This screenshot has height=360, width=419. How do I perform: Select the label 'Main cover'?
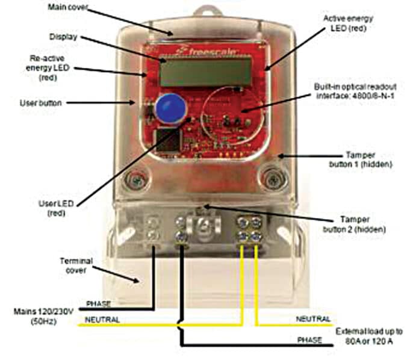(x=68, y=7)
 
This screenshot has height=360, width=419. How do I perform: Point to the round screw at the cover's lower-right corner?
(x=274, y=178)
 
